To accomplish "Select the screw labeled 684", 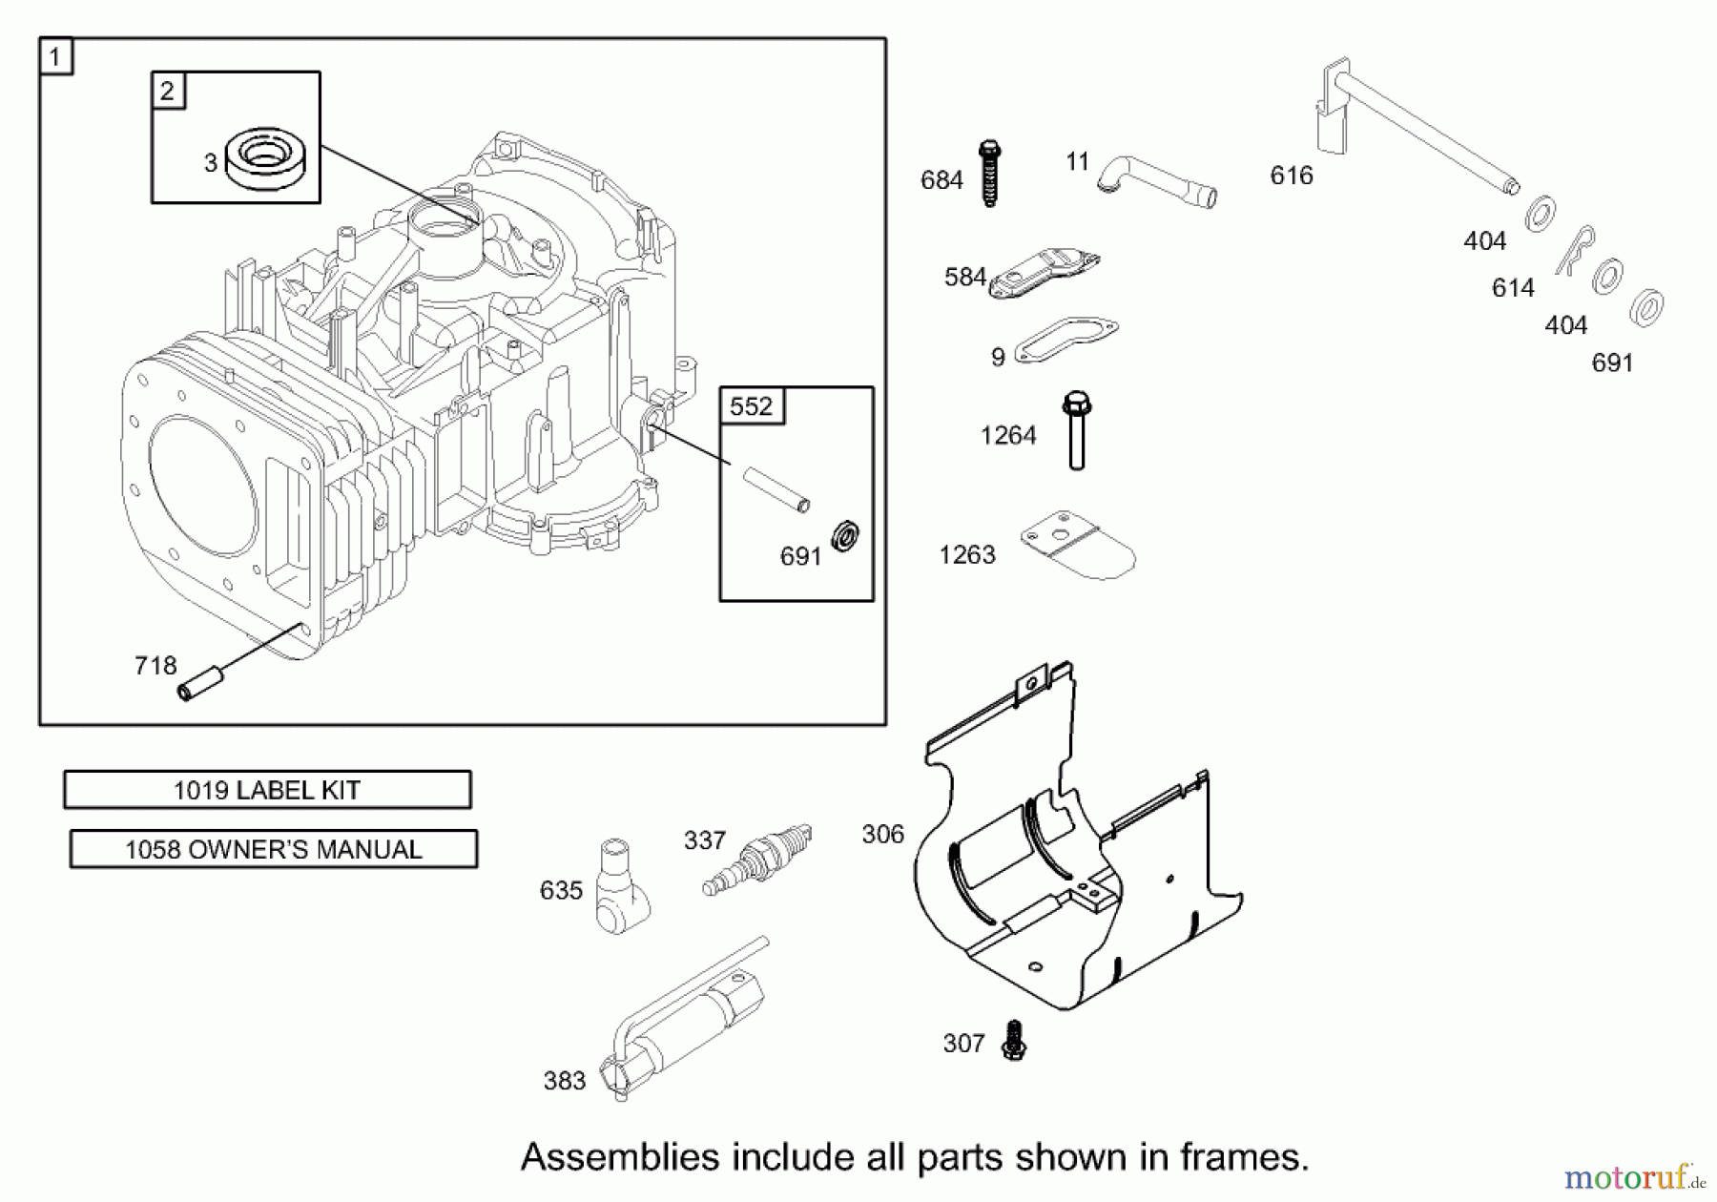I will pos(989,175).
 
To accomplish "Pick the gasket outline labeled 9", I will pos(1065,340).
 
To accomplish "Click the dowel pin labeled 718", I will pos(201,684).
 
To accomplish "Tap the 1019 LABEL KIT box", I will pos(267,790).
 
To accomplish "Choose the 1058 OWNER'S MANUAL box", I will pos(273,849).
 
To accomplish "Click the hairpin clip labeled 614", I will pos(1574,250).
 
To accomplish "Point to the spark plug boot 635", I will pos(621,886).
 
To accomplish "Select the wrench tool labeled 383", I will pos(682,1021).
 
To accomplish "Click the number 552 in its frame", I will pos(751,406).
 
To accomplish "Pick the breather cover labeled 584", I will pos(1044,273).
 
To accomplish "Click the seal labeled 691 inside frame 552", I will pos(845,536).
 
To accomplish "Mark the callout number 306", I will pos(882,835).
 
